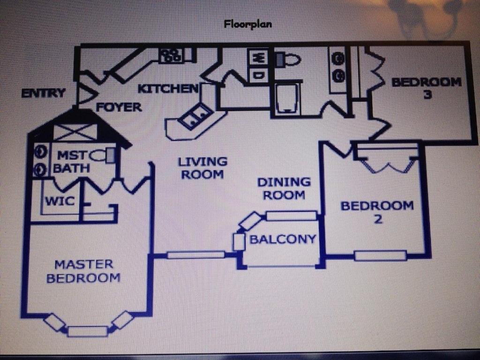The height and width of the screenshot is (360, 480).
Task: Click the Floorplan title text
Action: (x=247, y=24)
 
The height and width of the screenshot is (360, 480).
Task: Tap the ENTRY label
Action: (x=44, y=92)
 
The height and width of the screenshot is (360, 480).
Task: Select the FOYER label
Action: (x=119, y=107)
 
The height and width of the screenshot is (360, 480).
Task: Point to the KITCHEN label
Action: (x=168, y=89)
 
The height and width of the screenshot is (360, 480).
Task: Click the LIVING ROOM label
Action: (x=202, y=168)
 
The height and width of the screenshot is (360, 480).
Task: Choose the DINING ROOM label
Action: (x=284, y=188)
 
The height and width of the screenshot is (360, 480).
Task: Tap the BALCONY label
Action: (x=283, y=239)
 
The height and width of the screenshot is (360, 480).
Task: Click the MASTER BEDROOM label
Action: (x=83, y=271)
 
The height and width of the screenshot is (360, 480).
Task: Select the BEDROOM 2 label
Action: (x=377, y=212)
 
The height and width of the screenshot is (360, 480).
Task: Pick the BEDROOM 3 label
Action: (x=427, y=88)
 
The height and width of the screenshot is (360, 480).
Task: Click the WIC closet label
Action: (x=60, y=201)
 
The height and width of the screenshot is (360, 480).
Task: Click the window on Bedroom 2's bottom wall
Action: (x=381, y=255)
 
